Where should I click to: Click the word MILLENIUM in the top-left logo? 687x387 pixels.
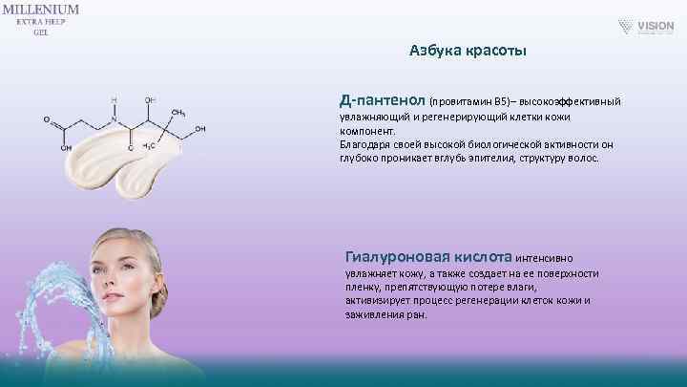point(40,9)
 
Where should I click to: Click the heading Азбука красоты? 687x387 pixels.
point(468,49)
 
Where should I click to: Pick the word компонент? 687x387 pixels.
point(366,130)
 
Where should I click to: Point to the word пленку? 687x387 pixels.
point(363,286)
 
